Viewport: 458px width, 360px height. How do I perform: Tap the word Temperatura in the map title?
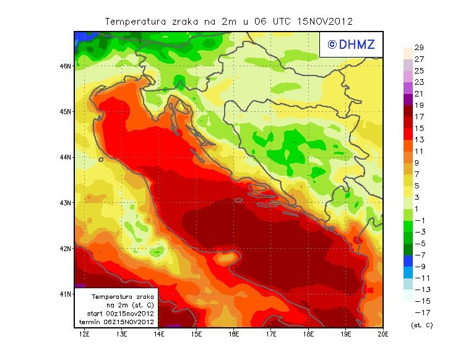coord(136,21)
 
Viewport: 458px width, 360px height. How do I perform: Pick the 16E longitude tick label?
coord(233,334)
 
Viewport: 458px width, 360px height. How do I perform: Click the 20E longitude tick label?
coord(383,334)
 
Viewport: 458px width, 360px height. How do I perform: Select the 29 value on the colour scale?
coord(419,48)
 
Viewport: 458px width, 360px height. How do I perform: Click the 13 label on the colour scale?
coord(419,140)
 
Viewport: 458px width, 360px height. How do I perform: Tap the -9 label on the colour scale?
coord(420,267)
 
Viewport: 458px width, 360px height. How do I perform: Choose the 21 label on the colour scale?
coord(419,94)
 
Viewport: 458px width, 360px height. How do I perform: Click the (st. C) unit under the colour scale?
coord(421,325)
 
